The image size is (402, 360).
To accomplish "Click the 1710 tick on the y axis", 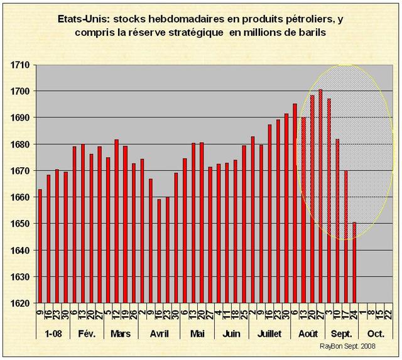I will [20, 65].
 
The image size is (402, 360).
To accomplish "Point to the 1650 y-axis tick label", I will [20, 224].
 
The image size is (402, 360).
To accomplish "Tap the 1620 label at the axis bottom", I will [20, 303].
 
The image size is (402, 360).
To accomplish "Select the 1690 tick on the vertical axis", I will [20, 117].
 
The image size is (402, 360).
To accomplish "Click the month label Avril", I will [159, 334].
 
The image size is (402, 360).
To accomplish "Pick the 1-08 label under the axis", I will [53, 334].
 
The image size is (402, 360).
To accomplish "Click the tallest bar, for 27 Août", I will [320, 196].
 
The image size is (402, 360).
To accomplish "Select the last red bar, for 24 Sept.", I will [354, 263].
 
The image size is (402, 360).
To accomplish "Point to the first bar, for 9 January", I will [40, 246].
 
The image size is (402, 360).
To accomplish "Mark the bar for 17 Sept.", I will [345, 237].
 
